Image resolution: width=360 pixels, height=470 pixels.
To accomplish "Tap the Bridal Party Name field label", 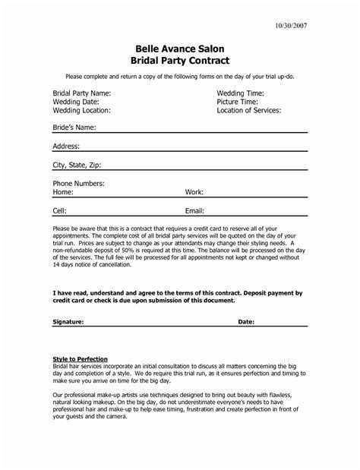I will pyautogui.click(x=82, y=93).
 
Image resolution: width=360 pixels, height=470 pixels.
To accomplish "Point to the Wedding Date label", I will pyautogui.click(x=75, y=101).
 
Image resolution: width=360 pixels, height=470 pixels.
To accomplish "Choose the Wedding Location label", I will pyautogui.click(x=81, y=110).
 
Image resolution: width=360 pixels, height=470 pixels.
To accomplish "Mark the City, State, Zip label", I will pyautogui.click(x=77, y=165).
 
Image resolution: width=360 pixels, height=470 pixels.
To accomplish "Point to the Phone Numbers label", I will pyautogui.click(x=78, y=184).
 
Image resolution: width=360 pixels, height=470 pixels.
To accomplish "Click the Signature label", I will pyautogui.click(x=69, y=322).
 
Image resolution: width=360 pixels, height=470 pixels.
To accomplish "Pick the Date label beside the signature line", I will pyautogui.click(x=247, y=322).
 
